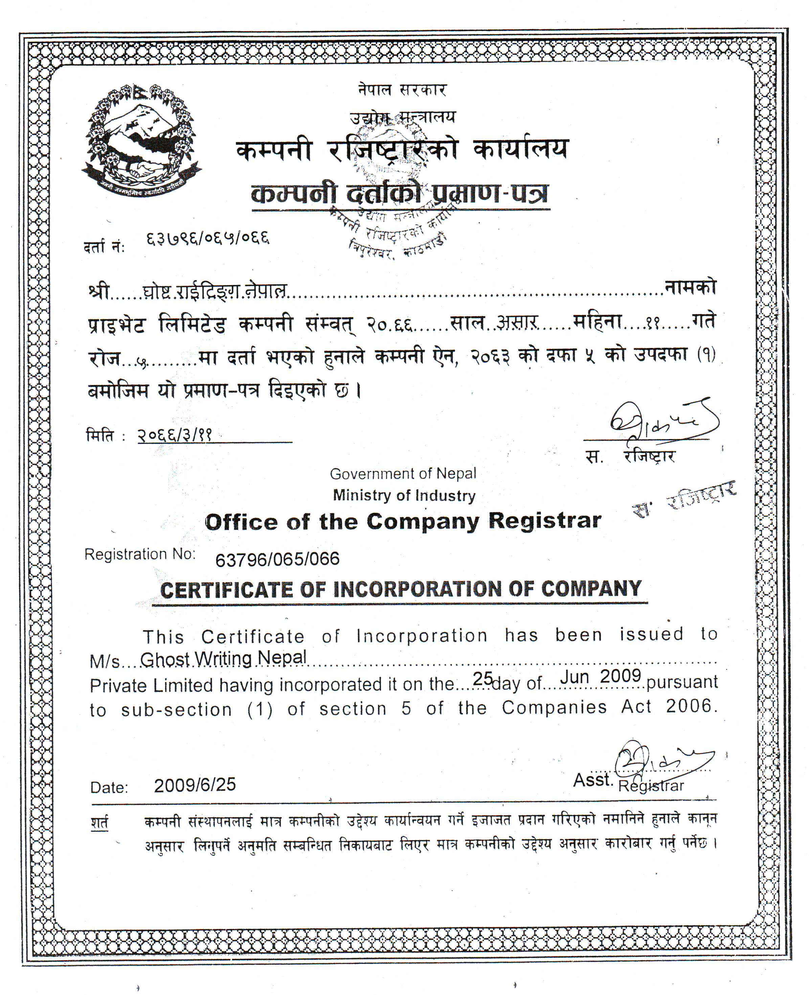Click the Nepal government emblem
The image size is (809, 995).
tap(141, 140)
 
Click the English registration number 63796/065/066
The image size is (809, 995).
tap(277, 559)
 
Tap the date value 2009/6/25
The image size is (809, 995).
tap(195, 785)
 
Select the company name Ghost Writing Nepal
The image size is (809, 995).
tap(223, 658)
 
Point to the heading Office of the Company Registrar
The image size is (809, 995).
tap(403, 521)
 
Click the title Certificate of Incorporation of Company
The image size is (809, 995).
tap(401, 589)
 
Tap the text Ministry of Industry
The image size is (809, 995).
tap(404, 495)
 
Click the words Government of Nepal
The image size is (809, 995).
tap(403, 474)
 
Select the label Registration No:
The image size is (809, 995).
tap(140, 555)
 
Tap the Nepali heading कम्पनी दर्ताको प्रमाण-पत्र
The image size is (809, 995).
tap(400, 194)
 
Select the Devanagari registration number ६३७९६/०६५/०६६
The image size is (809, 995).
tap(208, 239)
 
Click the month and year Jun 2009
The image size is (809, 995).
tap(601, 676)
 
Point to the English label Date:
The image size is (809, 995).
tap(109, 787)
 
